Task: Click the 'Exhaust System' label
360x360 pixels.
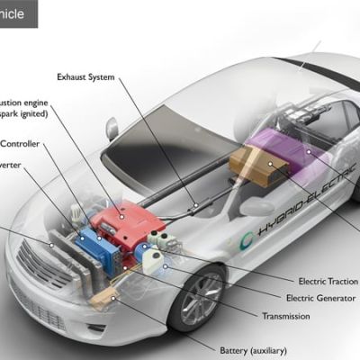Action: (x=85, y=76)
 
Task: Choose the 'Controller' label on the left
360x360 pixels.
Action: (x=19, y=143)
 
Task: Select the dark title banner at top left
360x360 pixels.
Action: (x=18, y=13)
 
